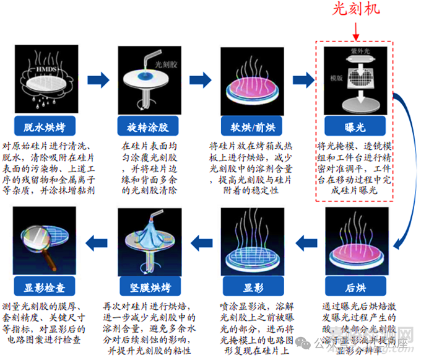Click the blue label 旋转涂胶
point(147,128)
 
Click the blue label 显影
point(253,288)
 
